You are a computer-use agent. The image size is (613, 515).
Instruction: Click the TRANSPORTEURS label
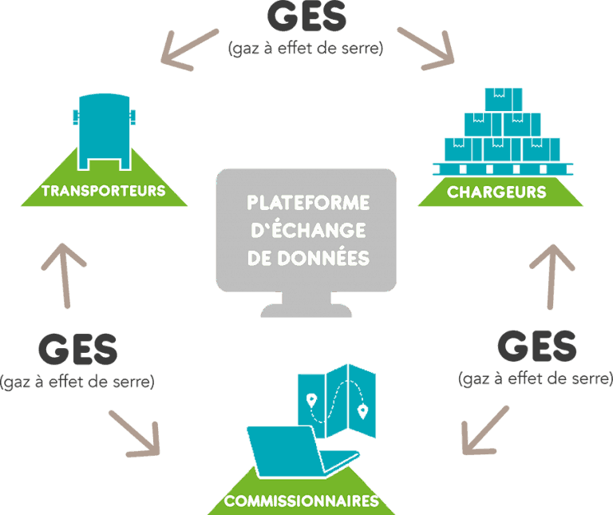[x=103, y=191]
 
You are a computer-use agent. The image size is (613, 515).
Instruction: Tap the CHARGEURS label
[x=496, y=192]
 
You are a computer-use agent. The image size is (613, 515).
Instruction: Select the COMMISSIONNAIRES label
[x=301, y=501]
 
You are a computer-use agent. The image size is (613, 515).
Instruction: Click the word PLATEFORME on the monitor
[x=308, y=203]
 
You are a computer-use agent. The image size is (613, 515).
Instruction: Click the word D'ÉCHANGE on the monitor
[x=308, y=231]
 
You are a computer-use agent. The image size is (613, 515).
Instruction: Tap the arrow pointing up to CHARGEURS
[x=552, y=275]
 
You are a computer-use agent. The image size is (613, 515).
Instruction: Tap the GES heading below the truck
[x=77, y=349]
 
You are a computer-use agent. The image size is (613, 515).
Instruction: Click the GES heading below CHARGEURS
[x=536, y=346]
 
